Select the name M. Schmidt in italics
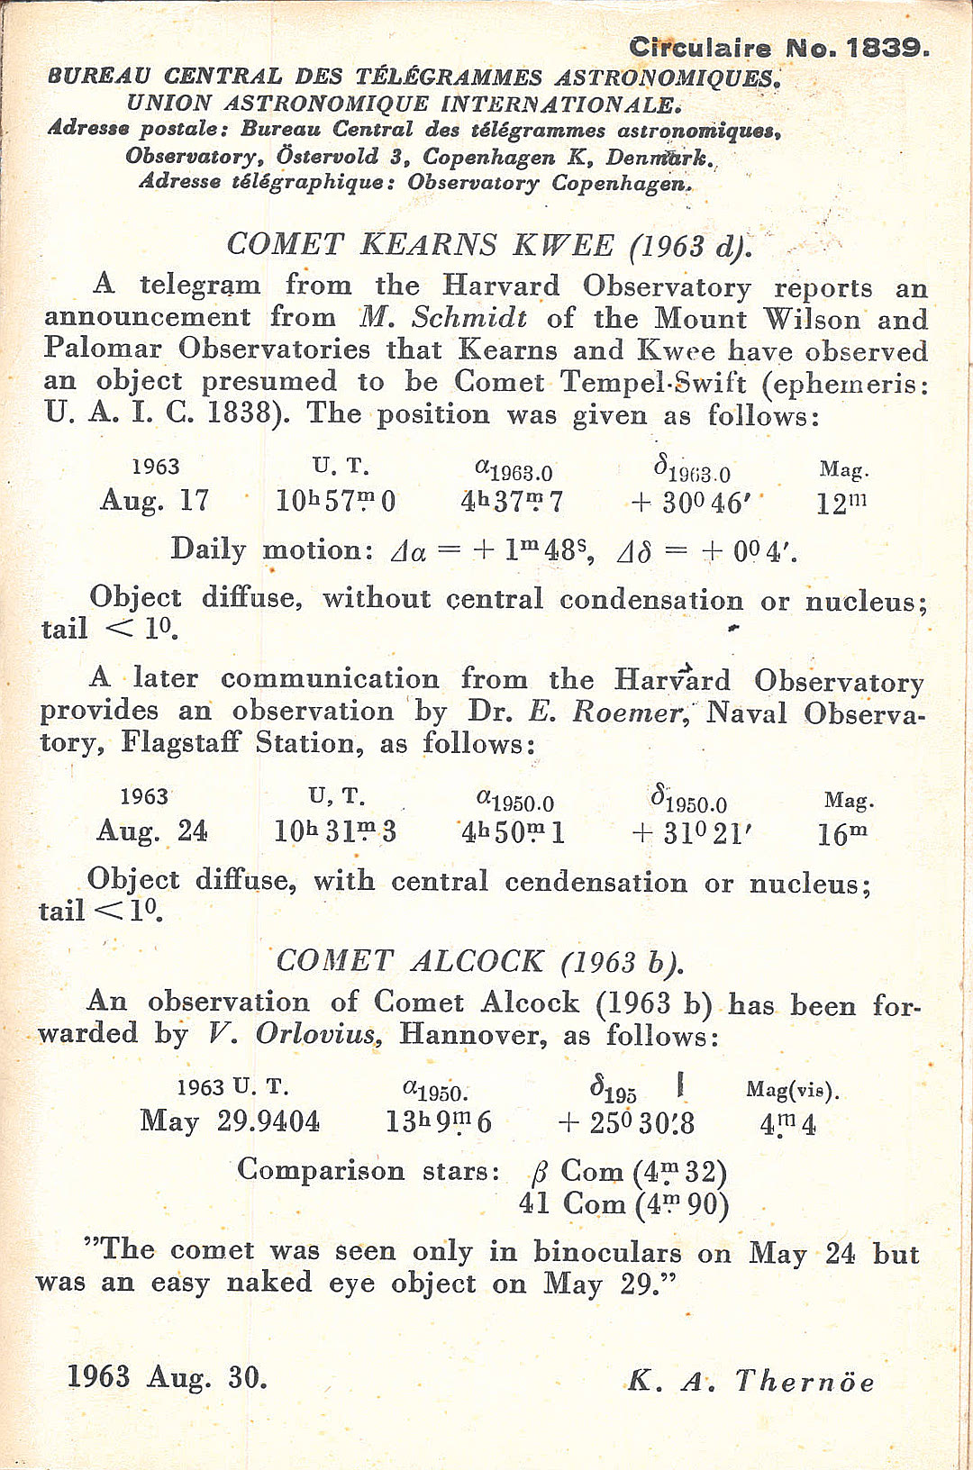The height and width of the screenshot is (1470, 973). pyautogui.click(x=443, y=317)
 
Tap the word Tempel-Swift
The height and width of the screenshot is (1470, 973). pyautogui.click(x=653, y=382)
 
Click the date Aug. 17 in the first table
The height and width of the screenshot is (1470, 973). pyautogui.click(x=155, y=500)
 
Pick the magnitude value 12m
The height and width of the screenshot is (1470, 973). pyautogui.click(x=841, y=503)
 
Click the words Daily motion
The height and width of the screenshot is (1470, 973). pyautogui.click(x=270, y=549)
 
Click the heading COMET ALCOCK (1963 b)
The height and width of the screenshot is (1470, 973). pyautogui.click(x=479, y=961)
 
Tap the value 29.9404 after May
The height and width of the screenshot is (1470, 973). pyautogui.click(x=268, y=1121)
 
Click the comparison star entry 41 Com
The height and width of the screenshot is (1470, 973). pyautogui.click(x=572, y=1203)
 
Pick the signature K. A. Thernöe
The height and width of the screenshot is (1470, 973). pyautogui.click(x=750, y=1381)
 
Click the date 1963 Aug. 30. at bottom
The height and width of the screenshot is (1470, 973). pyautogui.click(x=168, y=1377)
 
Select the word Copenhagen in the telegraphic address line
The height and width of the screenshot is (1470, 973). pyautogui.click(x=622, y=183)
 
